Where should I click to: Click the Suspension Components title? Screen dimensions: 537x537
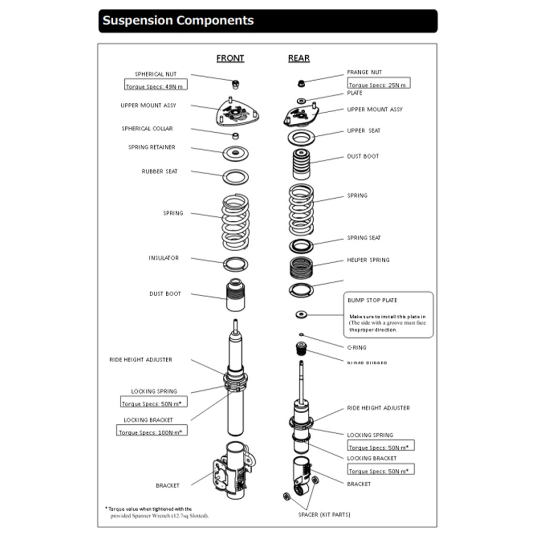click(178, 21)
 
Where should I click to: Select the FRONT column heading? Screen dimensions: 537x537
click(230, 58)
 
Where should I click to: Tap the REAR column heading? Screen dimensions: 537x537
click(299, 58)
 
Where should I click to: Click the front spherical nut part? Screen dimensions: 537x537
click(235, 83)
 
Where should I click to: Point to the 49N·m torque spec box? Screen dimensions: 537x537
click(156, 86)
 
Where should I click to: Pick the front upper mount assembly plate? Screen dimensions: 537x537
click(238, 112)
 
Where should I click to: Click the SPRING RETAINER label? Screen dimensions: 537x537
click(152, 147)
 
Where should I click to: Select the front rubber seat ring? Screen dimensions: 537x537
click(235, 177)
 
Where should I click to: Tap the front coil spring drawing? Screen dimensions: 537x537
click(235, 221)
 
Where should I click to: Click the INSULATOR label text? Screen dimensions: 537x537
click(164, 258)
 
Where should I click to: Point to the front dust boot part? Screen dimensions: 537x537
click(235, 296)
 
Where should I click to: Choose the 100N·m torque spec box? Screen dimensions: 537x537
click(152, 432)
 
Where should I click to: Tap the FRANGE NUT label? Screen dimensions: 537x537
click(364, 72)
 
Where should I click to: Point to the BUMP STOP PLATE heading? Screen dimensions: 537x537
click(372, 300)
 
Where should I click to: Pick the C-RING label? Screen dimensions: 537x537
click(357, 348)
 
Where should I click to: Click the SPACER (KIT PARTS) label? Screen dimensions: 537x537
click(324, 514)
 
